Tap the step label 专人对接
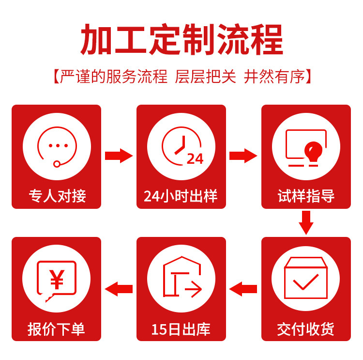point(57,196)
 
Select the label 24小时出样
point(181,196)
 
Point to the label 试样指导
point(306,196)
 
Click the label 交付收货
point(306,329)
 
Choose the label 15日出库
point(181,329)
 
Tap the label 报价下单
point(57,329)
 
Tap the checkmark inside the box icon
point(306,281)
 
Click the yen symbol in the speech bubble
point(57,278)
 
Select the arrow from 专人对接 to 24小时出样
point(119,156)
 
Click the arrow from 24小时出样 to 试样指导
point(243,156)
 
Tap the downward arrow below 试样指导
point(306,223)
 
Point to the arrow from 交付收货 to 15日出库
point(243,289)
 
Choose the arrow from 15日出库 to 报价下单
point(119,289)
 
